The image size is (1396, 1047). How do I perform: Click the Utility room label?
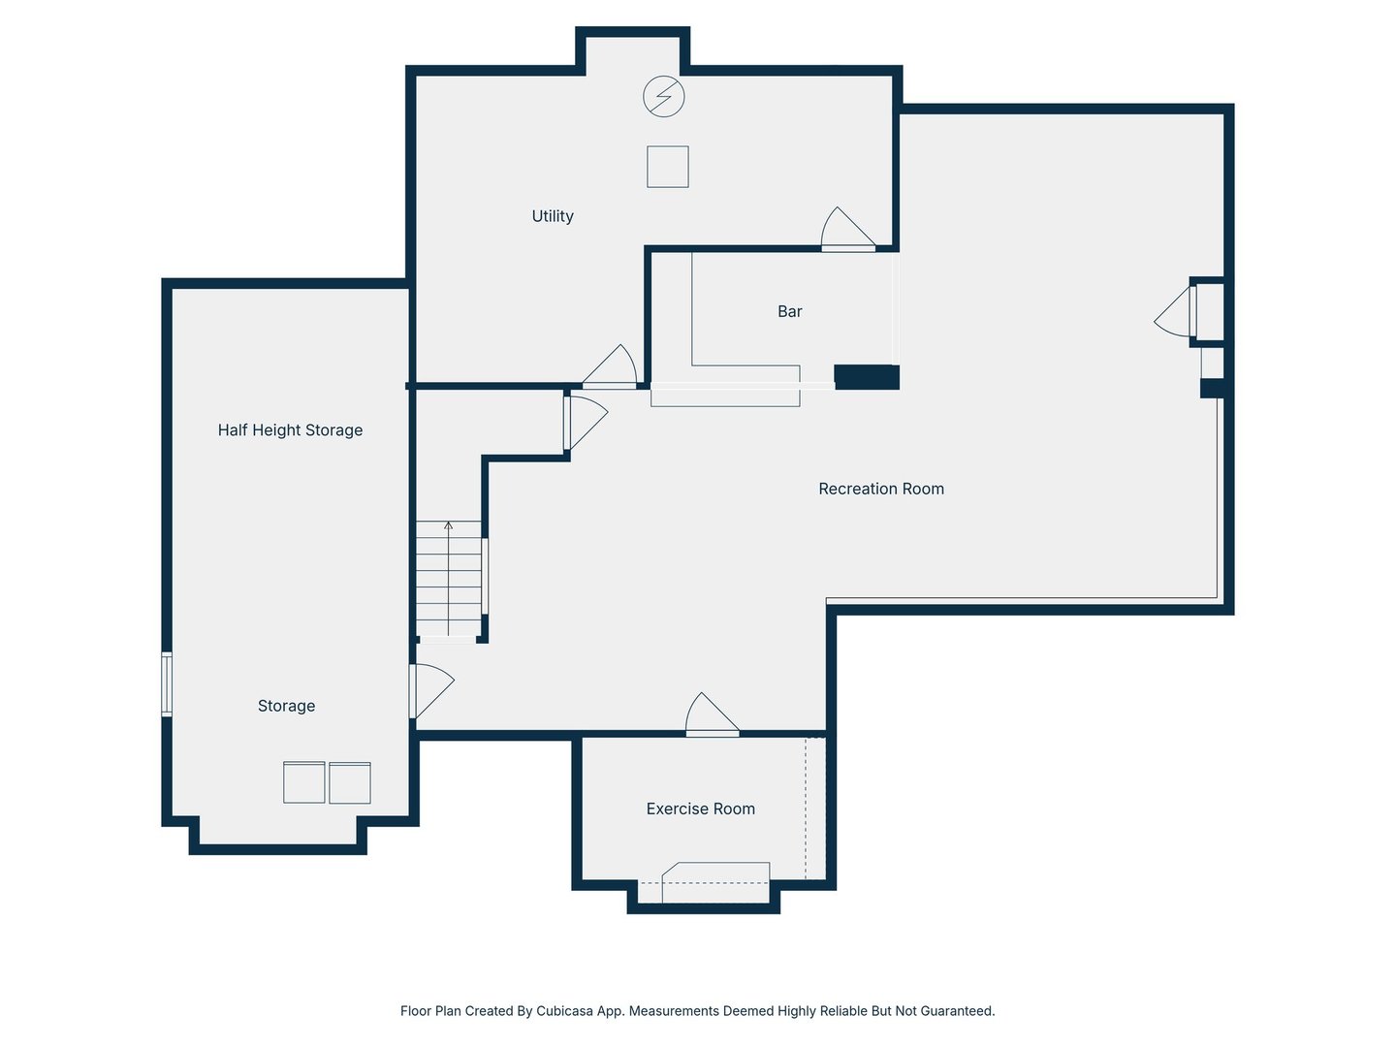552,216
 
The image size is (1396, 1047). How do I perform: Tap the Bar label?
789,311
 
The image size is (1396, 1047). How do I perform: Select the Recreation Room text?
881,489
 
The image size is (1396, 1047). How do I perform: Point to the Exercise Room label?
700,809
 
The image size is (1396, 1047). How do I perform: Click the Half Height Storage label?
290,430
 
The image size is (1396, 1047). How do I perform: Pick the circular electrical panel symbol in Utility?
663,97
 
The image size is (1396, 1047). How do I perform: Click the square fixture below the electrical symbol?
667,167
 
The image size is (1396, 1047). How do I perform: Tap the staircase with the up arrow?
449,579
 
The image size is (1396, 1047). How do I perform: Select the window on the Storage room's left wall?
167,684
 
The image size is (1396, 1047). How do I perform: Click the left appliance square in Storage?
304,782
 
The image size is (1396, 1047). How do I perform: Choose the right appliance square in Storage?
350,782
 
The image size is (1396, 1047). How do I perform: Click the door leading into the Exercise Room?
712,715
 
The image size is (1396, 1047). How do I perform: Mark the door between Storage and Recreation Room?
430,691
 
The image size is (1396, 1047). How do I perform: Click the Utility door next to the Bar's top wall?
847,229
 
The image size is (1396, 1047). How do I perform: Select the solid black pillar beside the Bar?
867,377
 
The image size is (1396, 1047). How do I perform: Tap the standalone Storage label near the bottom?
286,706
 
